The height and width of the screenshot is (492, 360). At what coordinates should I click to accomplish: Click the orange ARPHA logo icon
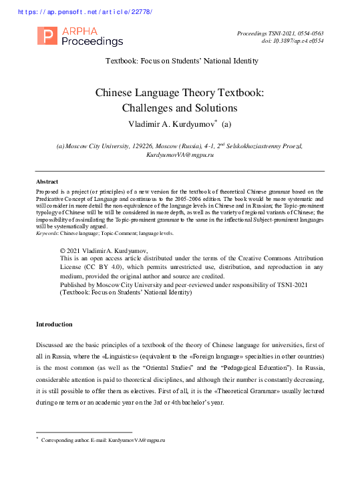pos(47,37)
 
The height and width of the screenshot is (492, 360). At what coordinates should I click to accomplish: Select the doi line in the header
pos(293,41)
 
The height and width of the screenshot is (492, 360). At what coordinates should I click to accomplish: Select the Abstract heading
pos(47,182)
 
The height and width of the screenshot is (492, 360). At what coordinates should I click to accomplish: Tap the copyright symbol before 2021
pos(63,250)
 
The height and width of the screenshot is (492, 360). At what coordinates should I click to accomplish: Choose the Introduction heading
pos(54,324)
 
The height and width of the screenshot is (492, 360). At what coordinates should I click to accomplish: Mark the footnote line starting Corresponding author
pos(103,441)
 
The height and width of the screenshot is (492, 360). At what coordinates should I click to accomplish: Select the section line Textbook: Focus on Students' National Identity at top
pos(182,61)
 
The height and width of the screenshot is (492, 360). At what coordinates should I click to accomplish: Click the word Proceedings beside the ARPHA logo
pos(92,41)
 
